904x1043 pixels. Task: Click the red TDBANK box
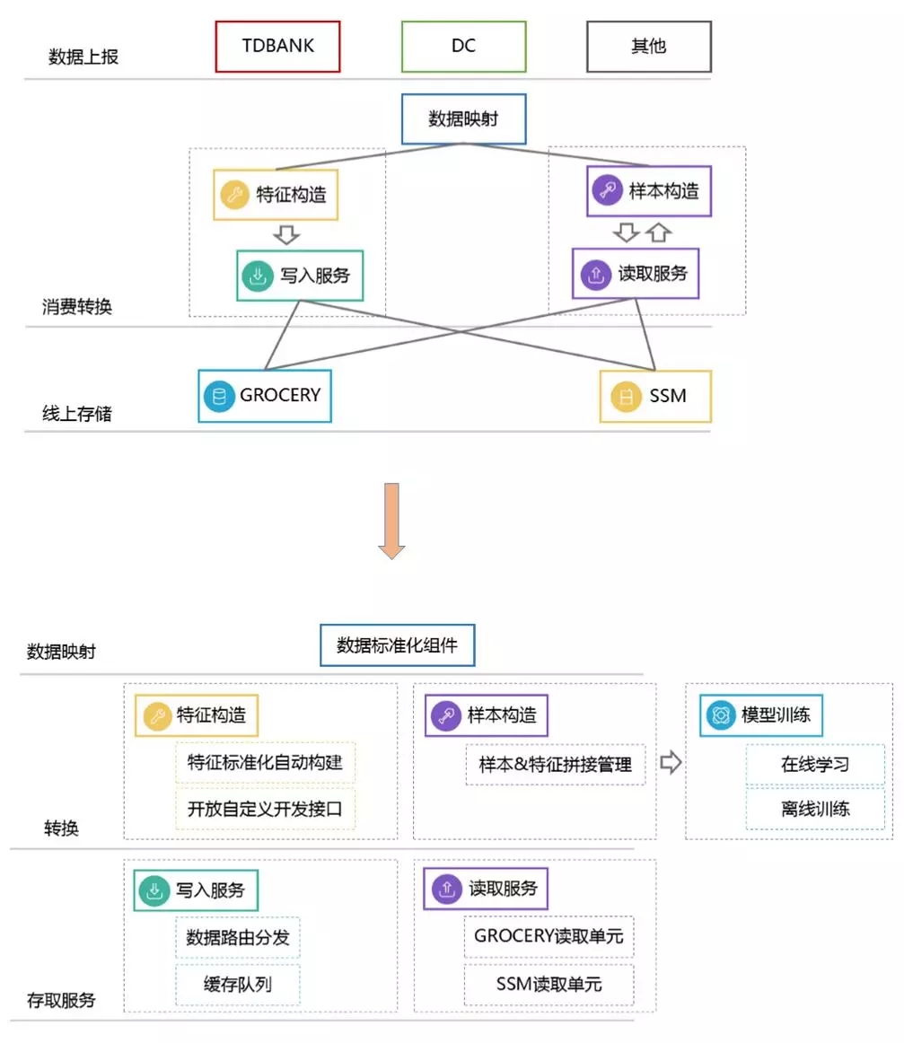[278, 46]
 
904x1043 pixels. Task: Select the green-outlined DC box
[463, 46]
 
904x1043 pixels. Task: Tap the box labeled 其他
[648, 46]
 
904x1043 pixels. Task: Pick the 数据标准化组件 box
[397, 645]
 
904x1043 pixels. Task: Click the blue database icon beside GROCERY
[218, 396]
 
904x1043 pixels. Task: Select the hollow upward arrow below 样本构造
[658, 232]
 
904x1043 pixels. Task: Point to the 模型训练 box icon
[718, 715]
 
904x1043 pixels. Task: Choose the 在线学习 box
[814, 765]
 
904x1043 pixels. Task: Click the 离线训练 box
[814, 809]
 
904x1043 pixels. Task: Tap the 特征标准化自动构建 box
[265, 764]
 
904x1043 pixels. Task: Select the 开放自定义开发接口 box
[265, 809]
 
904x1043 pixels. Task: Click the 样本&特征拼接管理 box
[555, 765]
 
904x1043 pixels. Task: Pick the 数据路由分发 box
[238, 938]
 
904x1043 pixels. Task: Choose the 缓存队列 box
[238, 985]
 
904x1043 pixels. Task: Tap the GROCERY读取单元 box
[549, 937]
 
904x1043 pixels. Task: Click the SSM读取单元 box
[549, 985]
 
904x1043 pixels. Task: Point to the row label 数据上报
[83, 57]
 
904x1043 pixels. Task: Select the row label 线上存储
[77, 414]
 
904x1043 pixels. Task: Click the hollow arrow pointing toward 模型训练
[671, 763]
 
